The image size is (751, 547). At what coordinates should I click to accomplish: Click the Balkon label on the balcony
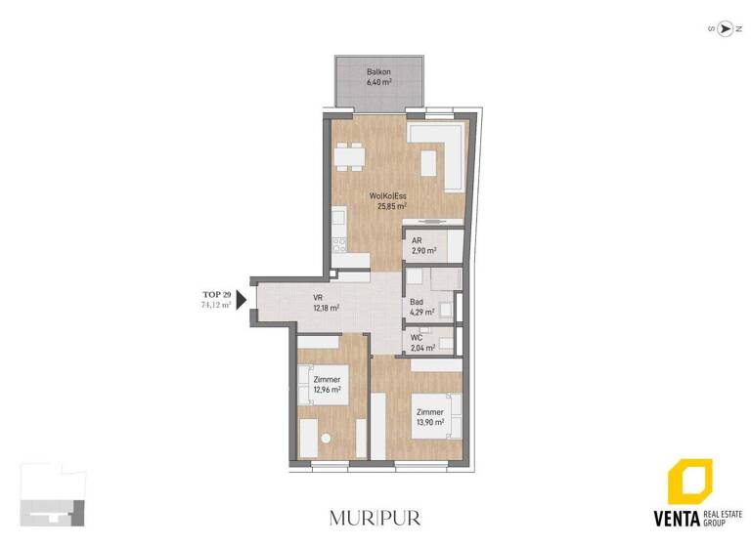point(379,72)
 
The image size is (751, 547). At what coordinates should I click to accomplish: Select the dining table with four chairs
point(349,154)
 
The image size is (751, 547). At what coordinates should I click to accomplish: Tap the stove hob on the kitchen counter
point(339,244)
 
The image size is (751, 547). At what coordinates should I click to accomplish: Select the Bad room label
point(418,302)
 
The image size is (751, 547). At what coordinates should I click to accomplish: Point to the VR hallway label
point(318,298)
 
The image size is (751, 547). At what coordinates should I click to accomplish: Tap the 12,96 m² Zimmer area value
point(327,390)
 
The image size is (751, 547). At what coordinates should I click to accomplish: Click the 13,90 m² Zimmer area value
point(429,423)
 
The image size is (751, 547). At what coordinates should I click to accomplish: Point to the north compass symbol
point(725,28)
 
